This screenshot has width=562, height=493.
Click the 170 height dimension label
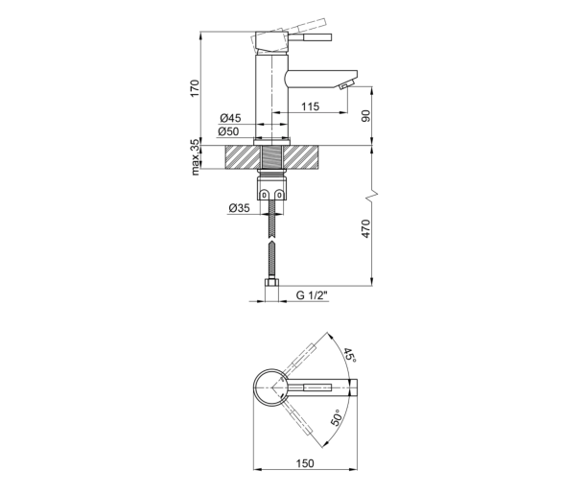194,88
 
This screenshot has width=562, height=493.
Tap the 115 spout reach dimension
310,106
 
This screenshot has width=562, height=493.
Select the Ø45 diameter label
230,118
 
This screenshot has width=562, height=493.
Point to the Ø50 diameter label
228,131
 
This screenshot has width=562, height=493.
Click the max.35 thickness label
195,157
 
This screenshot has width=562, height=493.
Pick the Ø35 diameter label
239,207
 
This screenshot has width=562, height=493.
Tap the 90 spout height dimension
366,116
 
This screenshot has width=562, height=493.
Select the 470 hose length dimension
365,228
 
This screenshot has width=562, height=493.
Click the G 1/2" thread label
312,295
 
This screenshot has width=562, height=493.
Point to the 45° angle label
349,355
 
